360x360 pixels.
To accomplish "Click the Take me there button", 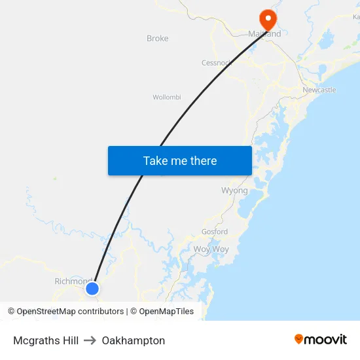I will (x=180, y=160).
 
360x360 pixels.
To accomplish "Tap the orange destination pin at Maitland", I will (x=268, y=18).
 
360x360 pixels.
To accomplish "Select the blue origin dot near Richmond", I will (x=92, y=288).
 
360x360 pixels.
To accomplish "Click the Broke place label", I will (x=158, y=39).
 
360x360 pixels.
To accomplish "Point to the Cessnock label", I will (x=216, y=63).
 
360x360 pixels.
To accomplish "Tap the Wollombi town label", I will (x=167, y=98).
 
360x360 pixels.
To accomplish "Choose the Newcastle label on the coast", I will (x=319, y=90).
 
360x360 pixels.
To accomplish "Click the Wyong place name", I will (x=234, y=190).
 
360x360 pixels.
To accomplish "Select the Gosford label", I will (x=215, y=232).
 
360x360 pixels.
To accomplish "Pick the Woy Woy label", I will (x=211, y=249).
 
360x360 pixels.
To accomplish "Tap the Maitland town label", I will (x=264, y=34).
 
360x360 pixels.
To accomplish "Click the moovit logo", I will (x=321, y=340).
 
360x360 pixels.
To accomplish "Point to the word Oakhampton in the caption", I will (x=134, y=340).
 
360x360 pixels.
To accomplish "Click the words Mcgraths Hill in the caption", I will (x=46, y=340).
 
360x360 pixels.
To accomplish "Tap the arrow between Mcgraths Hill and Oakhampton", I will (x=90, y=340).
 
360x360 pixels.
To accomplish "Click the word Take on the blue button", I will (x=156, y=160).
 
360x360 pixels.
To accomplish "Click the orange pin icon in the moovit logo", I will (x=299, y=339).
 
